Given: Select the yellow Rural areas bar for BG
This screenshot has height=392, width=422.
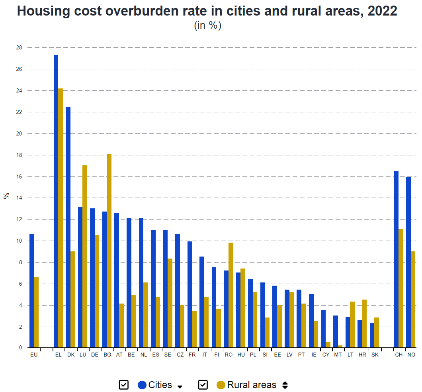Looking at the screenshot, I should [x=109, y=251].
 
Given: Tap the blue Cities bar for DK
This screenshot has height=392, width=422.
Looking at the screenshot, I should [x=68, y=227].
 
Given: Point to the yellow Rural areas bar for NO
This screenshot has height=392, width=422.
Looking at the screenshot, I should [x=413, y=299].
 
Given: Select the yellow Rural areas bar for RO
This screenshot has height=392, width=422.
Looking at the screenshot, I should [x=231, y=295].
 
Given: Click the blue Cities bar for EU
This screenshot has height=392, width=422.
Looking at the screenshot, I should [x=31, y=291].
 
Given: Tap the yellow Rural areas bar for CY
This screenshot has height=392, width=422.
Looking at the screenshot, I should [x=328, y=345].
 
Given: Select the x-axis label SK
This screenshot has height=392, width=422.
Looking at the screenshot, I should [x=375, y=355].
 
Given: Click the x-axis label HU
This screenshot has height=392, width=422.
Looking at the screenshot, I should [x=241, y=355].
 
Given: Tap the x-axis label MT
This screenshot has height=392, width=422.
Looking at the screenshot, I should [x=338, y=355].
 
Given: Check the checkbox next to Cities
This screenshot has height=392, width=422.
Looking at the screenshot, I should [x=123, y=385].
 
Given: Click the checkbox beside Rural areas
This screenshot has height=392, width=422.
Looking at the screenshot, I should [x=203, y=385].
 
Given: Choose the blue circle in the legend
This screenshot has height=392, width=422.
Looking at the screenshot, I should [x=143, y=385].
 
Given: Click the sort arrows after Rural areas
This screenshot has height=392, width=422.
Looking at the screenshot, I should [x=285, y=385].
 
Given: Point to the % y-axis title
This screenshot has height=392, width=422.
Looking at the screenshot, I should [x=6, y=196].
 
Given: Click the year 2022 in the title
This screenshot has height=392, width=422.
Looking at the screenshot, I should [x=382, y=11].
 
